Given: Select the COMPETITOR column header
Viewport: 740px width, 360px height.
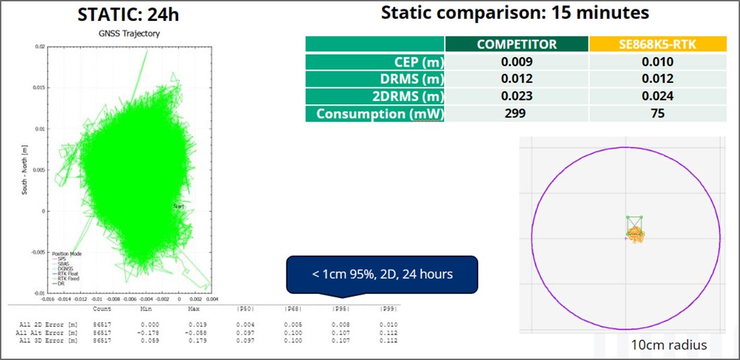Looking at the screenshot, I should (x=517, y=44).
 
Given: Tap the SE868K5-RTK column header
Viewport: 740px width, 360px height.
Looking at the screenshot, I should (x=657, y=44).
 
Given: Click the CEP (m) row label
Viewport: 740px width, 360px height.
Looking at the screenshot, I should (x=375, y=62).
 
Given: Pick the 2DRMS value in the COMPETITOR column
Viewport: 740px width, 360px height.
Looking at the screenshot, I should (x=517, y=96).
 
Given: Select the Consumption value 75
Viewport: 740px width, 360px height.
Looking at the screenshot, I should (x=657, y=114).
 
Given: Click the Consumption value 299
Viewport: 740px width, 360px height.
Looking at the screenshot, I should (x=517, y=114).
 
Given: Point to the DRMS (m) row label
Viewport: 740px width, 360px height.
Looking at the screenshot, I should (x=375, y=79).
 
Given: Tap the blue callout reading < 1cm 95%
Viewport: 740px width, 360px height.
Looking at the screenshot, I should (x=381, y=274).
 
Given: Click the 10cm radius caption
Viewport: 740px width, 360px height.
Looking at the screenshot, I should (x=669, y=345).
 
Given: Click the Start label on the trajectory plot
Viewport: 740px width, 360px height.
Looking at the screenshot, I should (x=178, y=207).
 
